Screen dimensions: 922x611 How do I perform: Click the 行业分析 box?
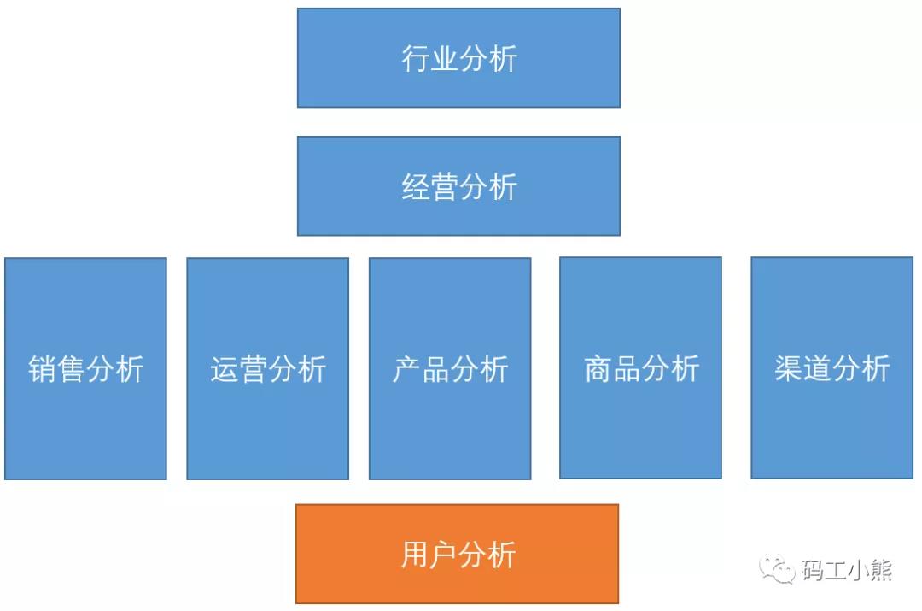(x=458, y=58)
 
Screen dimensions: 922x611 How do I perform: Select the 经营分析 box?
(x=458, y=186)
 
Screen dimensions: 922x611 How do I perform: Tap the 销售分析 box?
(x=86, y=368)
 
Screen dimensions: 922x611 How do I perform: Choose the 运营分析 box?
(x=267, y=368)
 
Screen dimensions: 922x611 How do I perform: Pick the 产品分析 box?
(x=450, y=368)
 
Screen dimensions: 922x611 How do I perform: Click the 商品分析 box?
(x=640, y=368)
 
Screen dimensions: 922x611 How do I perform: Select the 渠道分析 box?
(x=832, y=368)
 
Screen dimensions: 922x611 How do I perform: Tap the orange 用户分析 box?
(x=457, y=554)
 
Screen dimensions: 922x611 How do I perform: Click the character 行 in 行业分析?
(x=415, y=58)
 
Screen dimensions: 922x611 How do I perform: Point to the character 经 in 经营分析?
(x=415, y=186)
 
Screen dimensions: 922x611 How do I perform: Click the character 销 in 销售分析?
(x=43, y=369)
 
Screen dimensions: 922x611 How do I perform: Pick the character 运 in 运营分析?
(x=225, y=369)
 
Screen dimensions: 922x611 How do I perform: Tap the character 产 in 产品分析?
(x=407, y=369)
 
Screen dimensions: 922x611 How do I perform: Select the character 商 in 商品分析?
(x=598, y=368)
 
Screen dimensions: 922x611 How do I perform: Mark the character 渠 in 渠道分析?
(x=789, y=368)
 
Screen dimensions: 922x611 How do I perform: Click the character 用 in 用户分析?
(x=415, y=555)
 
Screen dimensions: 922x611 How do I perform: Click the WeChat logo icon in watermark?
(x=777, y=568)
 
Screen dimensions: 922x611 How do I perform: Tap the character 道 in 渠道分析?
(x=817, y=368)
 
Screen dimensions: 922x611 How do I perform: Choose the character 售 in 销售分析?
(x=71, y=369)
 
